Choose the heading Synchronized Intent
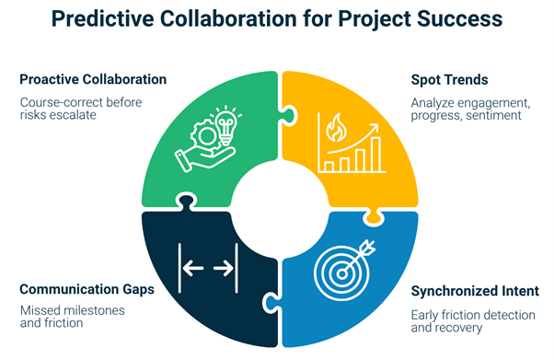click(x=474, y=292)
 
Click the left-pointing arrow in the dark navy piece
click(x=193, y=268)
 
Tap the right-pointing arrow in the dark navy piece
click(x=224, y=268)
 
